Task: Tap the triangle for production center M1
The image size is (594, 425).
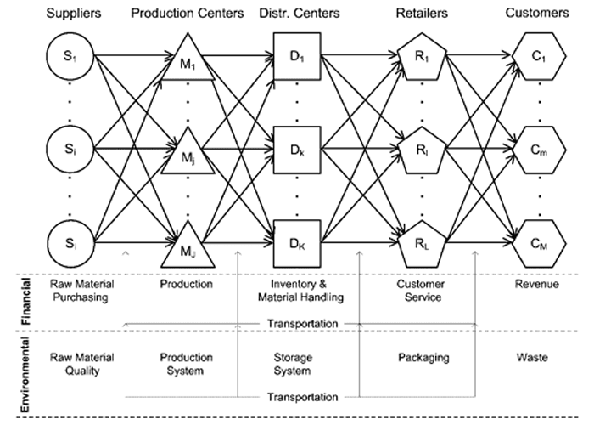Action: [x=187, y=61]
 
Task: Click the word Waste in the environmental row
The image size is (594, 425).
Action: [x=536, y=358]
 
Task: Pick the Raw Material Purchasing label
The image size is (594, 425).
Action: [x=82, y=290]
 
